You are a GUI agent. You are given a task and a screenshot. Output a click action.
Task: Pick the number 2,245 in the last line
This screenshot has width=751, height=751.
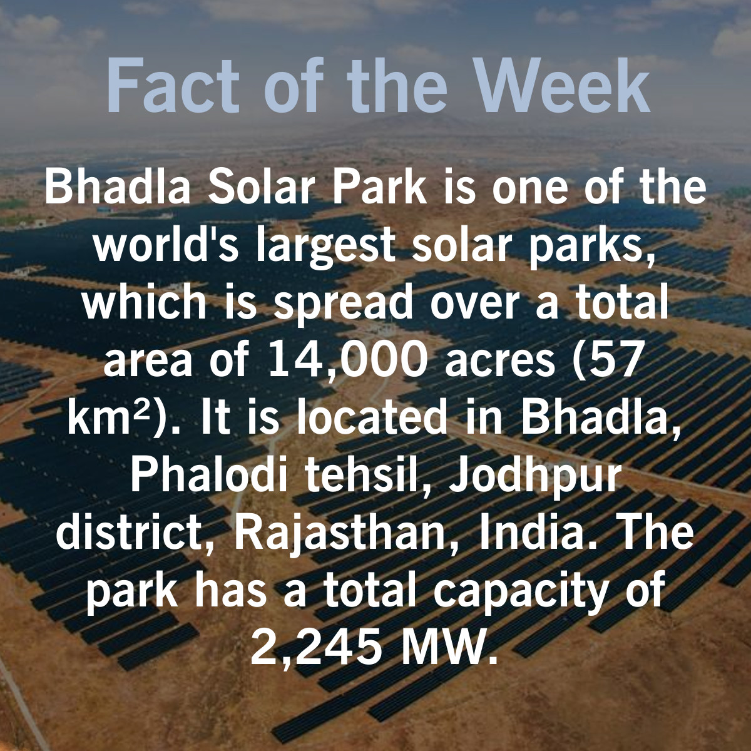317,648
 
